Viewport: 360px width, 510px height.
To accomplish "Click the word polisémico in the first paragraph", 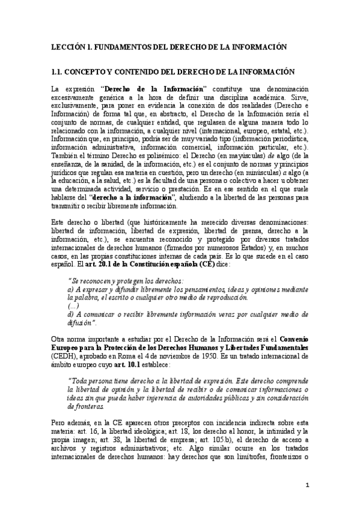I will pyautogui.click(x=157, y=154).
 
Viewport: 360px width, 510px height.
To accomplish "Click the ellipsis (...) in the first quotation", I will pyautogui.click(x=74, y=306).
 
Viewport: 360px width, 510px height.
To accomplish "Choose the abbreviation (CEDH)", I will pyautogui.click(x=66, y=356).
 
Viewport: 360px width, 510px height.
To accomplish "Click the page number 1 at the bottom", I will pyautogui.click(x=307, y=485).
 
